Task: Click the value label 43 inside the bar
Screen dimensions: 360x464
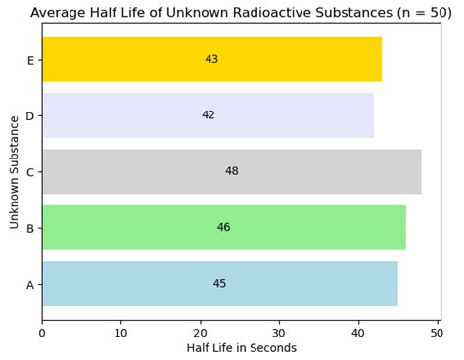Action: point(211,60)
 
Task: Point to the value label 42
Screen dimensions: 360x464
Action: point(208,115)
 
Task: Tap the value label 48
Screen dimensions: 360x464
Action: point(231,171)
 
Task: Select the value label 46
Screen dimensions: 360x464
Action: point(223,228)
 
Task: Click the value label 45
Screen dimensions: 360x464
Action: point(219,284)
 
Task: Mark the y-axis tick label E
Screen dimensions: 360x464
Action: point(30,60)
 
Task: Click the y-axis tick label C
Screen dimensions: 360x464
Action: point(30,172)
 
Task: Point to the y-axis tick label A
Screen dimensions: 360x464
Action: point(30,285)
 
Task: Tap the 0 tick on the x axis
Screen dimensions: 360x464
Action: point(42,333)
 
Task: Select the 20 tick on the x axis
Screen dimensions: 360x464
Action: point(200,333)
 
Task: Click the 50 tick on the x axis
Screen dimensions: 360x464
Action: point(437,333)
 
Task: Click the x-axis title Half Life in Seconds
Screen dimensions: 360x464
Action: point(241,348)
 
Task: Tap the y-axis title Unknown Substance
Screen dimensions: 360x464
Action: point(15,172)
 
